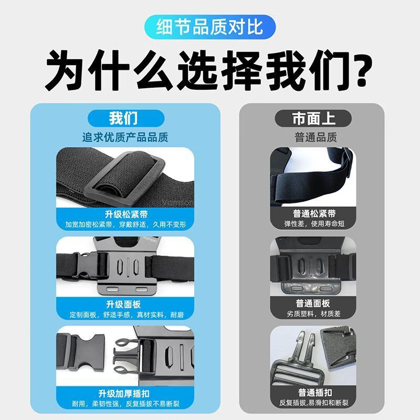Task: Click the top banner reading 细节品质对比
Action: click(209, 27)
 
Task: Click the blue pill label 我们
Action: click(126, 119)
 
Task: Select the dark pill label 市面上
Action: click(313, 119)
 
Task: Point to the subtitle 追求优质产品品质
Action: click(125, 138)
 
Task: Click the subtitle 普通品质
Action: click(316, 138)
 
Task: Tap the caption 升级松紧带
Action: click(126, 214)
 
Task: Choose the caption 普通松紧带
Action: click(314, 214)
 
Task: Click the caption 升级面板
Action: click(123, 304)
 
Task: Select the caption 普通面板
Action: click(313, 303)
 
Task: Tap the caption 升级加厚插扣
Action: click(124, 394)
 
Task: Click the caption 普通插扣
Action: click(315, 393)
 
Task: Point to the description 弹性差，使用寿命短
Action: click(314, 224)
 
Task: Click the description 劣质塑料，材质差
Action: click(313, 313)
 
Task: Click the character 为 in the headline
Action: click(64, 70)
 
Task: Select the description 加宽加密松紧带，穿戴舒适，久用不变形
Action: click(125, 225)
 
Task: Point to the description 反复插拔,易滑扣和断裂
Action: click(313, 403)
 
